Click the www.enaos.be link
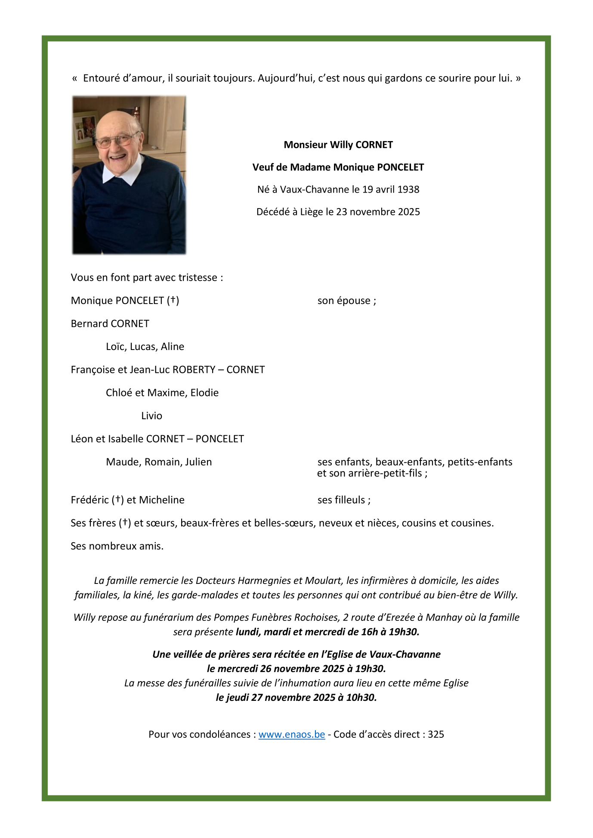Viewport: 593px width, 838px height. coord(291,734)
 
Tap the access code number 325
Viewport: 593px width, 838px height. coord(436,734)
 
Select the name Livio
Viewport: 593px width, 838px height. coord(151,416)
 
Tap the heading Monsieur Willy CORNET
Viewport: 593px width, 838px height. coord(338,145)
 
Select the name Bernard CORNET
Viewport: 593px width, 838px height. coord(110,324)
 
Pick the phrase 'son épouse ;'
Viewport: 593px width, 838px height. coord(346,301)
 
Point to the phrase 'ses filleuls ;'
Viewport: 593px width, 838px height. coord(344,500)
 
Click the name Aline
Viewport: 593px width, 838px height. coord(173,347)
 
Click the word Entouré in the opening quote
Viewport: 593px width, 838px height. coord(102,78)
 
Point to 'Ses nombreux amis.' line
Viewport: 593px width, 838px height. coord(117,546)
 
